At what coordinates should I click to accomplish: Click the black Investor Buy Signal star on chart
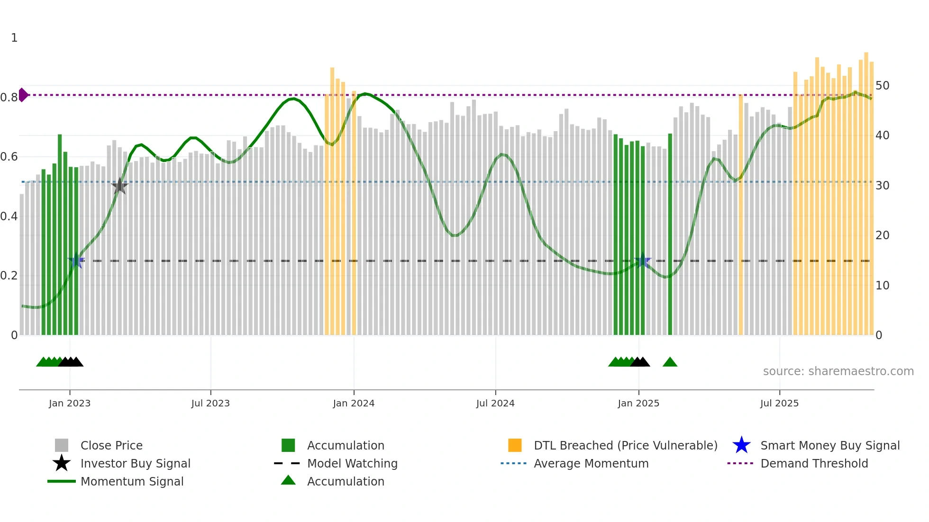point(119,187)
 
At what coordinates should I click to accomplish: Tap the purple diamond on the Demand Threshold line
point(23,95)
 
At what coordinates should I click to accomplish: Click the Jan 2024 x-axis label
point(354,403)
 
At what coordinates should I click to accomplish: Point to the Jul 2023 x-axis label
point(210,403)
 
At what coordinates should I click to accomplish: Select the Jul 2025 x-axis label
point(779,403)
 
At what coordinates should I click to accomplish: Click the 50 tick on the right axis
point(882,86)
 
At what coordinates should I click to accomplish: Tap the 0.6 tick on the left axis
point(9,157)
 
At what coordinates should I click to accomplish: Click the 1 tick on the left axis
point(14,38)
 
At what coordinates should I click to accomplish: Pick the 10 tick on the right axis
point(882,286)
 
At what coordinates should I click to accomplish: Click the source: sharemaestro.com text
point(838,371)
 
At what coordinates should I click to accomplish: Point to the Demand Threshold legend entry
point(814,463)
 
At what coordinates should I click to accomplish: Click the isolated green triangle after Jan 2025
point(670,362)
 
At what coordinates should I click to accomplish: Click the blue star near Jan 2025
point(643,261)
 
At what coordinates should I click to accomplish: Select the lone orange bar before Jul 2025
point(741,213)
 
